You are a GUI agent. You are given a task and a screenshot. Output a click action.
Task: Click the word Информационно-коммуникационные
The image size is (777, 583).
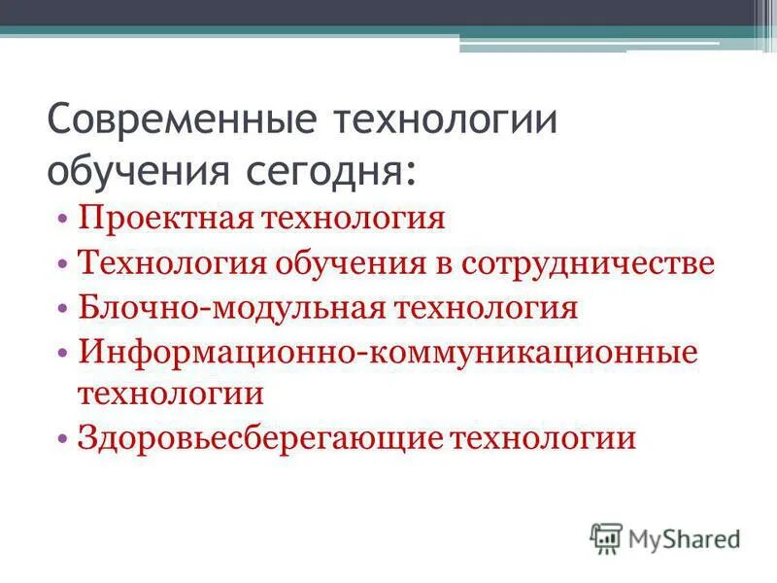point(388,354)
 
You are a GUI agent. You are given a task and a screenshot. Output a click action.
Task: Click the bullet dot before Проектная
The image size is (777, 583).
point(62,219)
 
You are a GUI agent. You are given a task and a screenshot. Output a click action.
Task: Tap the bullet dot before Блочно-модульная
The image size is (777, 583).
point(62,310)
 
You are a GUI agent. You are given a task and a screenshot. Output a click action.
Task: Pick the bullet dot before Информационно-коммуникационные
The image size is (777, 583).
point(62,355)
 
